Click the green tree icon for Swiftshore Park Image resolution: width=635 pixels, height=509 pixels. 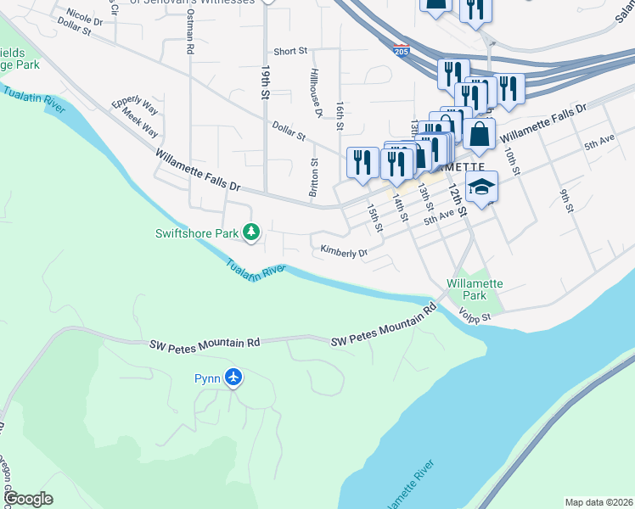[x=251, y=232]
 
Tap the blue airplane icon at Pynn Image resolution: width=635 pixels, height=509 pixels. [x=234, y=378]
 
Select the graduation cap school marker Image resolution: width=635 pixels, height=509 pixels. [x=482, y=187]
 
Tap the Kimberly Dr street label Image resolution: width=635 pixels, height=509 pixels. [x=343, y=252]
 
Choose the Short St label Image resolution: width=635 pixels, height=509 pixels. [x=289, y=52]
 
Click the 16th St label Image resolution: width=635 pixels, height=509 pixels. [x=339, y=115]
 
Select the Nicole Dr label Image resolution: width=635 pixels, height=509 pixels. [x=83, y=17]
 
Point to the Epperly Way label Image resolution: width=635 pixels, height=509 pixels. [x=135, y=108]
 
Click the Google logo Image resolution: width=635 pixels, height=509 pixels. [x=29, y=499]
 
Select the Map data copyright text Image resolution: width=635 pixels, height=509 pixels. [x=598, y=502]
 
